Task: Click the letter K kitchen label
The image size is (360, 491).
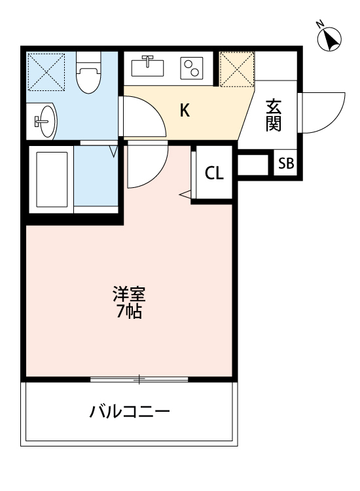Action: (x=185, y=111)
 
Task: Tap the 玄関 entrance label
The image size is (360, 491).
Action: (x=274, y=115)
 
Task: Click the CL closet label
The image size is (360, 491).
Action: (x=214, y=173)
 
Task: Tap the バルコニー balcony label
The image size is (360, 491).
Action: (x=130, y=412)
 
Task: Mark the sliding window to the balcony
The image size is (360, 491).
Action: (x=139, y=378)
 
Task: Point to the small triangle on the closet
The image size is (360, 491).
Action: (x=185, y=194)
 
